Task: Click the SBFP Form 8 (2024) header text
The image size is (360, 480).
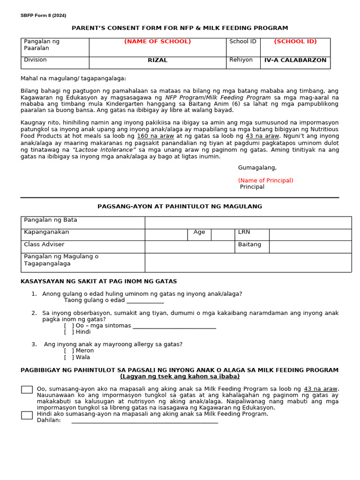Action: pyautogui.click(x=43, y=15)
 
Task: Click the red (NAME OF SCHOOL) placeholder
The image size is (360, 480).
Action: pyautogui.click(x=157, y=42)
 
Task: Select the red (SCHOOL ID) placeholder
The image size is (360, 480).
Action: pyautogui.click(x=295, y=42)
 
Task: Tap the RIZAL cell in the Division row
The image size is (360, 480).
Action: pyautogui.click(x=157, y=60)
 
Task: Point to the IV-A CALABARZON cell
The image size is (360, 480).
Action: pyautogui.click(x=295, y=60)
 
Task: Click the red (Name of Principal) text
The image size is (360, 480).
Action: pyautogui.click(x=265, y=180)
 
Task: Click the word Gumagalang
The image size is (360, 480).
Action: pyautogui.click(x=257, y=168)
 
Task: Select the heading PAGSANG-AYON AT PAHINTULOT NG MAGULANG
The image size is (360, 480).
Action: pyautogui.click(x=180, y=207)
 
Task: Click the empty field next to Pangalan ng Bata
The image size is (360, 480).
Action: pyautogui.click(x=248, y=223)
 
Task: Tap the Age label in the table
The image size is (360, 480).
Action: pyautogui.click(x=199, y=232)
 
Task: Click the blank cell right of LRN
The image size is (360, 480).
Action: pyautogui.click(x=310, y=235)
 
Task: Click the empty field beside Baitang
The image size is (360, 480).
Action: pyautogui.click(x=310, y=247)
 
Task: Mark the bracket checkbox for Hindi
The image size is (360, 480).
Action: pyautogui.click(x=69, y=332)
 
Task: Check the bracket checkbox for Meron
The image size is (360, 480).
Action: pyautogui.click(x=69, y=351)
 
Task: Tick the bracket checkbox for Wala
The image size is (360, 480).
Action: pyautogui.click(x=69, y=357)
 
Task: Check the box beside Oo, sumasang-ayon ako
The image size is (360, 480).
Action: pyautogui.click(x=27, y=390)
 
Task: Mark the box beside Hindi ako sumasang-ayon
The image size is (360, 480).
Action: pyautogui.click(x=27, y=415)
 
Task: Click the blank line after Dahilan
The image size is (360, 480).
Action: pyautogui.click(x=144, y=420)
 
